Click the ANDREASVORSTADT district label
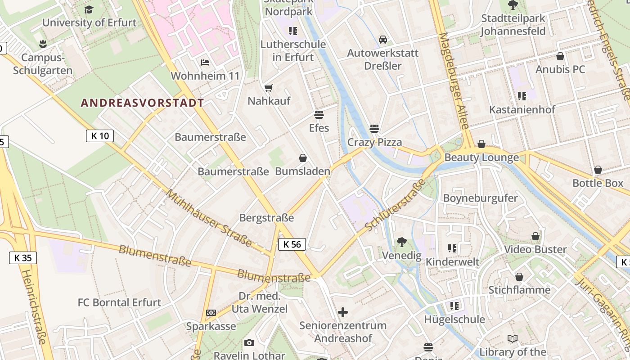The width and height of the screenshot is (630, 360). coord(142,103)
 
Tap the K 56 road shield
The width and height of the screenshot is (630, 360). coord(292,244)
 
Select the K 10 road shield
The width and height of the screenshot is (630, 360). coord(100,136)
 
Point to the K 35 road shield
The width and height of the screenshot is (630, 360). coord(23,258)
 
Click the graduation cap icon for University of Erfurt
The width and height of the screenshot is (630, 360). coord(89,9)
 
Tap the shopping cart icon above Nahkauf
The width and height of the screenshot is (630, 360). coord(269,88)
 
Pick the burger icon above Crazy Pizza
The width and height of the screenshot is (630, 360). coord(374,129)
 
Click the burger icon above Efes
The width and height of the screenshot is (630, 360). coord(319,115)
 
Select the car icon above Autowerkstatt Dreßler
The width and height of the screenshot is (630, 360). coord(383,40)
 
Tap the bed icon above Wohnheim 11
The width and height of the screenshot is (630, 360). coord(205,62)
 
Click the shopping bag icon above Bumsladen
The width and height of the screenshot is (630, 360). coord(303,158)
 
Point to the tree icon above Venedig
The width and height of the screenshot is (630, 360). coord(401,242)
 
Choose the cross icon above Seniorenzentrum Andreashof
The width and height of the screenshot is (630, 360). coord(343,312)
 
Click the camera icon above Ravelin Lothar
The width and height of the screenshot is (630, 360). coord(249,342)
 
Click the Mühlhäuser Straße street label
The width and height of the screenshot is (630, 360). coord(209,218)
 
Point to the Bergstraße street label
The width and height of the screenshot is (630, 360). coord(266,218)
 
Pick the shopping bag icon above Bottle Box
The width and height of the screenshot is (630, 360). coord(598,170)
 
